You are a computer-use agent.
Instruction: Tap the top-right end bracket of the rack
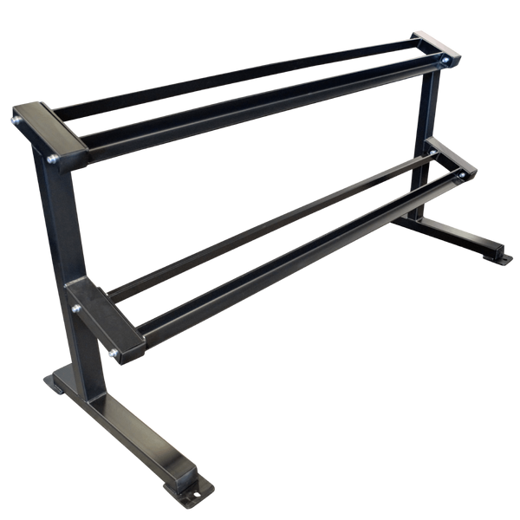tap(433, 48)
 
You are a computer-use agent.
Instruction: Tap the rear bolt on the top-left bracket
tap(15, 119)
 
